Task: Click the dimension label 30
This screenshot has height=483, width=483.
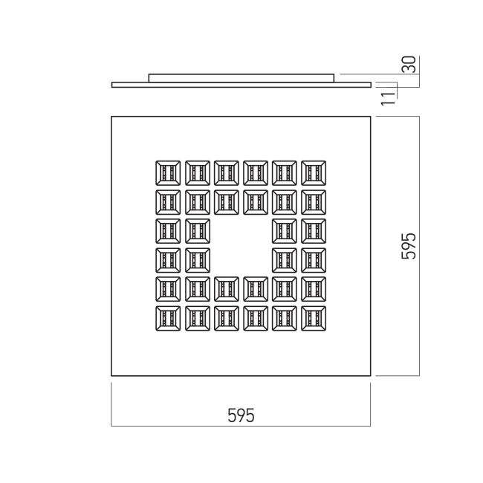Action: point(410,65)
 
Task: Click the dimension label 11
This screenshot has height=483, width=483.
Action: point(388,99)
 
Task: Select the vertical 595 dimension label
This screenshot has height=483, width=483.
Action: point(409,246)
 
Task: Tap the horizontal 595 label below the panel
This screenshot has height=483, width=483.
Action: point(241,415)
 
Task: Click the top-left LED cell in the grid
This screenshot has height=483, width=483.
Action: point(168,173)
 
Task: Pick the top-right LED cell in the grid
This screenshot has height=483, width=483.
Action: point(314,173)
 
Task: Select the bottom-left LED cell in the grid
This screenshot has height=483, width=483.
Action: point(168,319)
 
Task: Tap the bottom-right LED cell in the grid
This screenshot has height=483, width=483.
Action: point(314,319)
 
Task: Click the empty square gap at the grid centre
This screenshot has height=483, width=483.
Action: point(241,246)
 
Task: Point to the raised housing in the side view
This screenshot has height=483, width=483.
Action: point(241,78)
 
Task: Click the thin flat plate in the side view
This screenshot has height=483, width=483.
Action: point(241,85)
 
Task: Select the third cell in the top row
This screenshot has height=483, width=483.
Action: point(227,173)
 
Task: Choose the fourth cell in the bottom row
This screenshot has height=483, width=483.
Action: point(256,319)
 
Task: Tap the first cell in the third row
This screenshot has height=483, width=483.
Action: point(168,231)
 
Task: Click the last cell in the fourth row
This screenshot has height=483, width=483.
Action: point(314,260)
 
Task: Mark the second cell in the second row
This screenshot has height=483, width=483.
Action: point(198,202)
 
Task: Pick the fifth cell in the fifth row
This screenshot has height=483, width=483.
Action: point(285,289)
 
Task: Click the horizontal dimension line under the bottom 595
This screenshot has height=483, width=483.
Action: point(241,426)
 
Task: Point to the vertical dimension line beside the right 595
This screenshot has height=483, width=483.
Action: point(419,246)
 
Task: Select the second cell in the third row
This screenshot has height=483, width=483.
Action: point(198,231)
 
